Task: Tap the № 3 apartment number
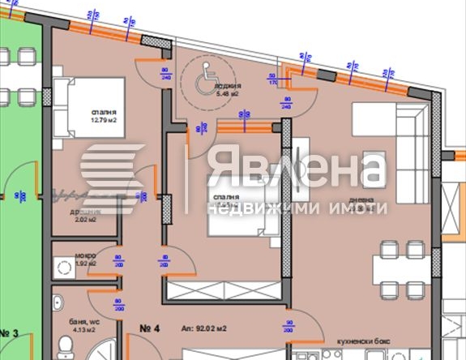[10, 332]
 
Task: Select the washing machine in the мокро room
[62, 266]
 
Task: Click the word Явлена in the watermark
[295, 167]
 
